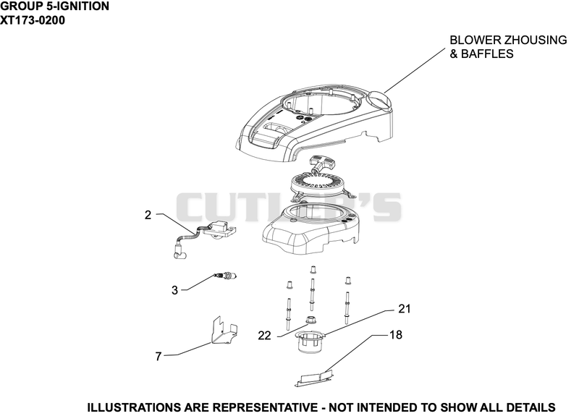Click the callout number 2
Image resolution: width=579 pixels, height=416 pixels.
[148, 215]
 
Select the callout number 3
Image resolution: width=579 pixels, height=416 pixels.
[174, 291]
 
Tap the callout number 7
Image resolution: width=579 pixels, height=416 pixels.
[159, 356]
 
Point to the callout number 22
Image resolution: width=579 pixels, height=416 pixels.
[264, 336]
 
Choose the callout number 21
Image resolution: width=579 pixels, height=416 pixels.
[405, 309]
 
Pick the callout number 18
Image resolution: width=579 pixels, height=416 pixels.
[396, 335]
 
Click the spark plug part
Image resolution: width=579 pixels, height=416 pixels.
[225, 276]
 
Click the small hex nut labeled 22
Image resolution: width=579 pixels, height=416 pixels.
[312, 320]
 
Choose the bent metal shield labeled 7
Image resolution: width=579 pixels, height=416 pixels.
[224, 330]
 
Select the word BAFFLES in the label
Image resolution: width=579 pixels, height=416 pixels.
[487, 54]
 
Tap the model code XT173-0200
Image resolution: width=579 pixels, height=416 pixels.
[33, 20]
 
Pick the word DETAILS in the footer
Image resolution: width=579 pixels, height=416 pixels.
[531, 407]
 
